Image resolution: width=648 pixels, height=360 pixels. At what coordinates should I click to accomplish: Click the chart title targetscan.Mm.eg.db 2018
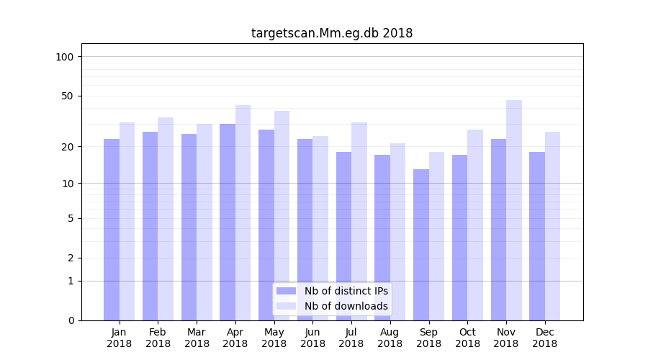[x=332, y=33]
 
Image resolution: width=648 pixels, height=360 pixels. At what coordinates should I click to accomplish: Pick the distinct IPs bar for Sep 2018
[x=421, y=245]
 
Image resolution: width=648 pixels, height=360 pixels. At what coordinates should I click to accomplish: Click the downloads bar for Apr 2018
[x=243, y=212]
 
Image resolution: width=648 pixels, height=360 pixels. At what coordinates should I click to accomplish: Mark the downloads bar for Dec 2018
[x=553, y=226]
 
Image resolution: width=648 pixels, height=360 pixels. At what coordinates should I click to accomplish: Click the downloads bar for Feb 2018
[x=166, y=219]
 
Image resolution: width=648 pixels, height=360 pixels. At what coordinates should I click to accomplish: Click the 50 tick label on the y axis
[x=68, y=96]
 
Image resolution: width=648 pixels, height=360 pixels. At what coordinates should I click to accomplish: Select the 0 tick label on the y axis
[x=71, y=320]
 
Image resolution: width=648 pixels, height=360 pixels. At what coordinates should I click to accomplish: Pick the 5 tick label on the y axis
[x=71, y=218]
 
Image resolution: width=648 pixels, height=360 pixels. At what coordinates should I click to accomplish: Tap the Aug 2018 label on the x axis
[x=390, y=338]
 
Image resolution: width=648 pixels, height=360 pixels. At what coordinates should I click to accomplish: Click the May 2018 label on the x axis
[x=274, y=338]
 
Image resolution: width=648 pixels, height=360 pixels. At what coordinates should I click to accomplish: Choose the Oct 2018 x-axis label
[x=467, y=338]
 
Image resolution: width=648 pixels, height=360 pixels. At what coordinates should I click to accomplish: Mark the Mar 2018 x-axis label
[x=197, y=338]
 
